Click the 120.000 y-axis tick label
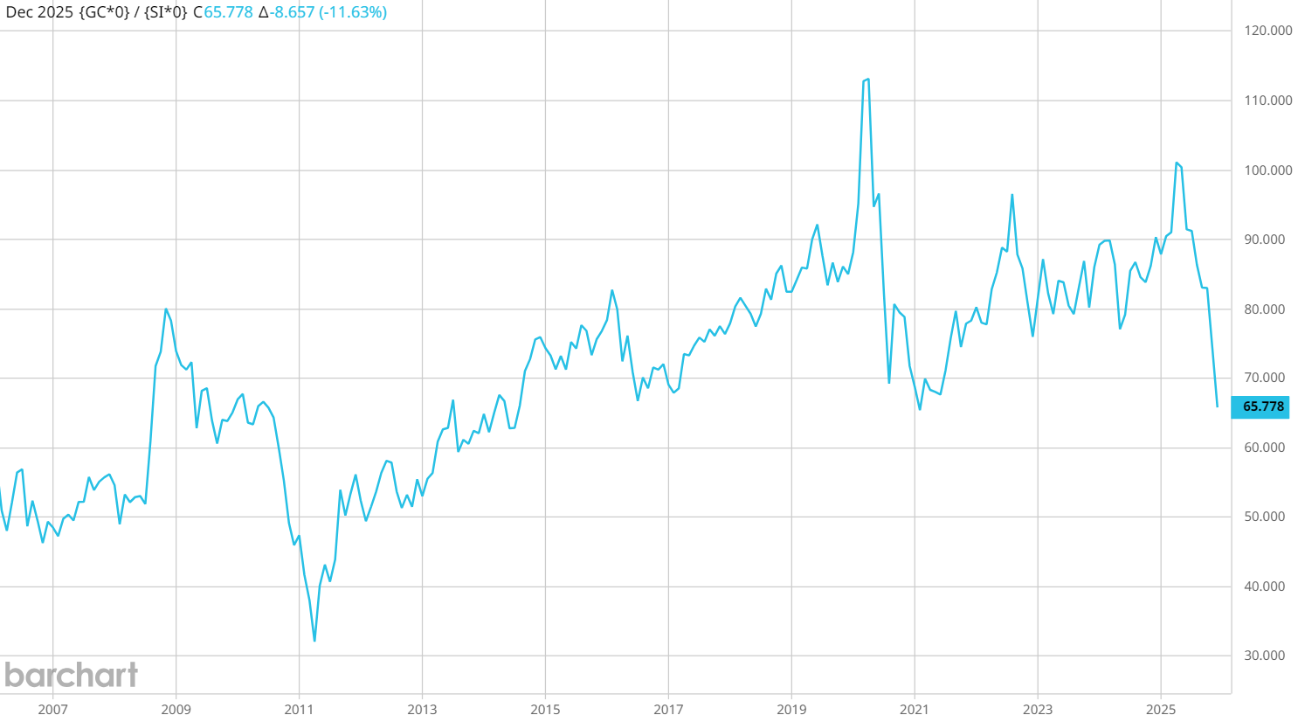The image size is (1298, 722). [1267, 31]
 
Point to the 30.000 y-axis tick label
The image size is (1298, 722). [1264, 656]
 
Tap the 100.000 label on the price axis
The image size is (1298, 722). [1267, 170]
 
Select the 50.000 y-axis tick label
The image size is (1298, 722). [1264, 517]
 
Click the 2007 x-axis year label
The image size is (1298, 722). [52, 709]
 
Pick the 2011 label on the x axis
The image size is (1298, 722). [299, 709]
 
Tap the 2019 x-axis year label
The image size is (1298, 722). [791, 709]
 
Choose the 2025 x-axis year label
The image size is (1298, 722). [1161, 709]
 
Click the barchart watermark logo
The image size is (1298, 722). [71, 675]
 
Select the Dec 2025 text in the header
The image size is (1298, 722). [39, 12]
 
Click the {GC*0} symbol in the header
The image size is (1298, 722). [104, 12]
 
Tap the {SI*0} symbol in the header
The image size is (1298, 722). [166, 12]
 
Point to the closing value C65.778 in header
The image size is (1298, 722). [223, 12]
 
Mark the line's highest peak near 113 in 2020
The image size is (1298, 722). [867, 80]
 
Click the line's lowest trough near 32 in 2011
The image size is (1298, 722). [314, 641]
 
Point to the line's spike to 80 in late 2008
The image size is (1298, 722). [166, 309]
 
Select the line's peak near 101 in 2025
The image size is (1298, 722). [1177, 163]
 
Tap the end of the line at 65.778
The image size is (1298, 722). [1218, 406]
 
